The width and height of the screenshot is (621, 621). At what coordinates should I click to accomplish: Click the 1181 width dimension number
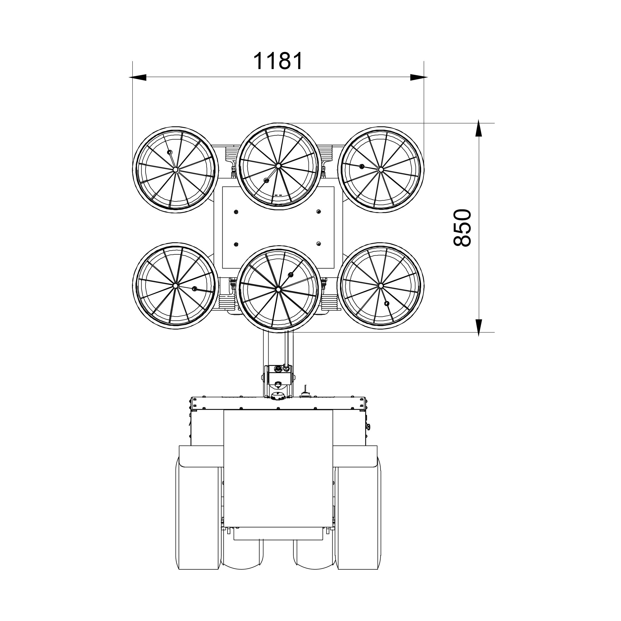coord(278,61)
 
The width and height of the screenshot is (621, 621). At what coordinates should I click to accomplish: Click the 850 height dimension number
coord(462,228)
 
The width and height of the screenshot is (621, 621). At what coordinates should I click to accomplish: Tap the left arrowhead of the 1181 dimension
coord(138,77)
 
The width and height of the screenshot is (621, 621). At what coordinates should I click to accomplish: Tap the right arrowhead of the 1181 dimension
coord(419,77)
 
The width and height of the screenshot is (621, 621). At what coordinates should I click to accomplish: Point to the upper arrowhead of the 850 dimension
coord(479,128)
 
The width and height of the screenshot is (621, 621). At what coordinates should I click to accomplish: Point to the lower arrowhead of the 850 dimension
coord(479,328)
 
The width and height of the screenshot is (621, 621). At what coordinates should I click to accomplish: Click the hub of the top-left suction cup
coord(176,169)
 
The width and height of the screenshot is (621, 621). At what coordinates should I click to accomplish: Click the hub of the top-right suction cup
coord(381,169)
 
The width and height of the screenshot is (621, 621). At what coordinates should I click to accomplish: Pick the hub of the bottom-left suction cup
coord(176,285)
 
